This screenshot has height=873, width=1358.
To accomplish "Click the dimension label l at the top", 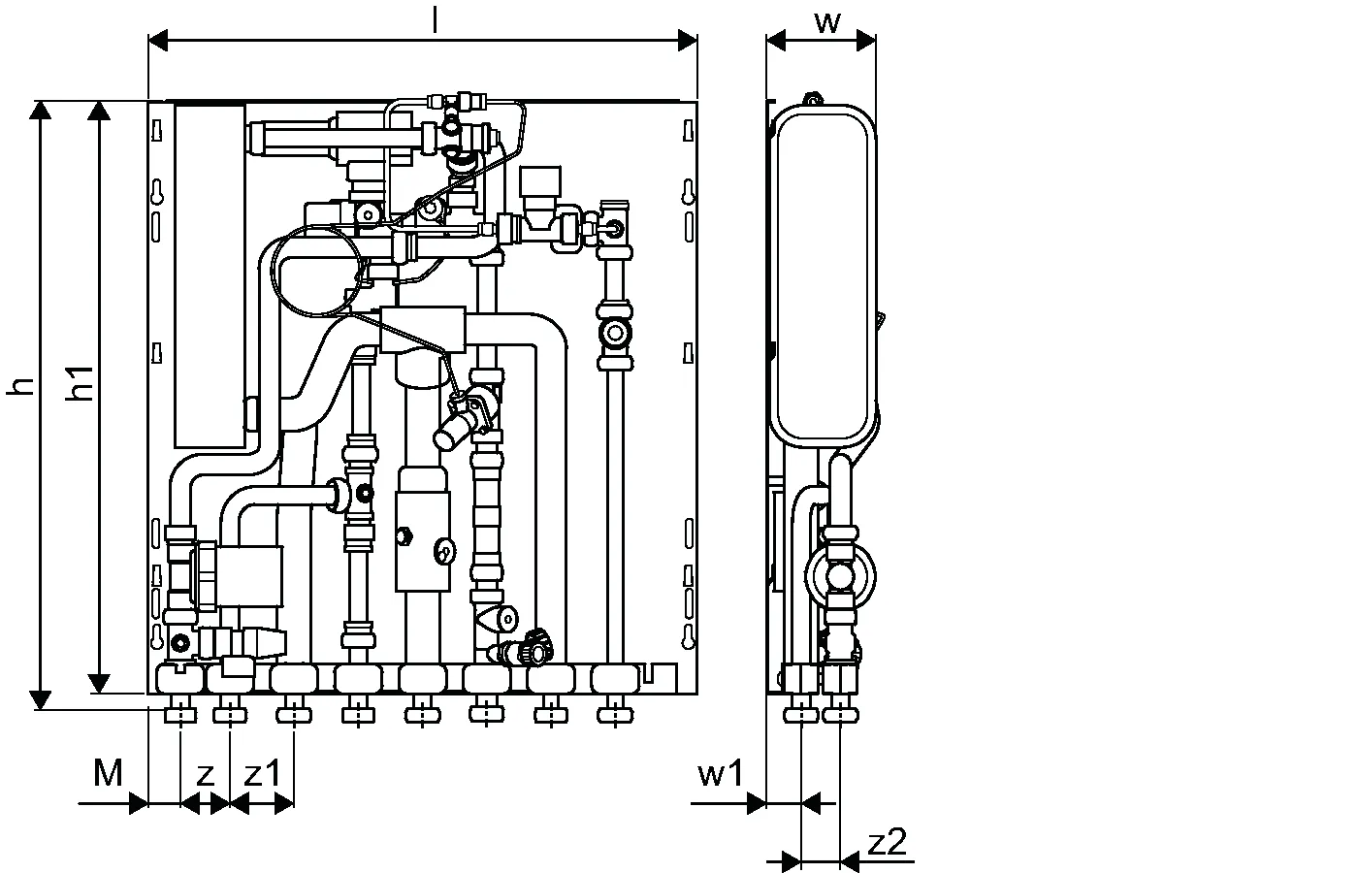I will (435, 22).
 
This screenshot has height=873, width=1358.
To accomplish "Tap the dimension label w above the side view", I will (826, 21).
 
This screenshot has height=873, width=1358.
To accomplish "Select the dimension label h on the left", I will (21, 386).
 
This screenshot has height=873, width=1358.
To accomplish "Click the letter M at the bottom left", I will (109, 773).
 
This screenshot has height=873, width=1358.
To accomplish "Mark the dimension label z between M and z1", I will (205, 774).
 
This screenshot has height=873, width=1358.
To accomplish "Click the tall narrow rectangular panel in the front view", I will (210, 276).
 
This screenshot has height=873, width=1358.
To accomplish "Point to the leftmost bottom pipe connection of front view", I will (180, 715).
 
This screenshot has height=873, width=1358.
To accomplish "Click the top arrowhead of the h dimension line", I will (40, 109).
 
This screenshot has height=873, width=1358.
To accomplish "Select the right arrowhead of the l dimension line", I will (688, 41).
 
